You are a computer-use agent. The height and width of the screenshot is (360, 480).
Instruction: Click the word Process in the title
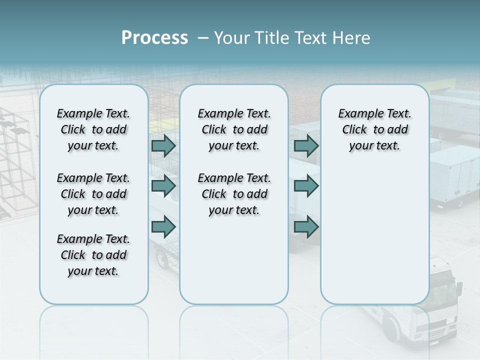(154, 38)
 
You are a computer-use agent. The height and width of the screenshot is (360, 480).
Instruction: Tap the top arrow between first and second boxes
(163, 146)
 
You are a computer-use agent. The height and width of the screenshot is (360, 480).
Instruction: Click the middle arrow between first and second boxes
(163, 186)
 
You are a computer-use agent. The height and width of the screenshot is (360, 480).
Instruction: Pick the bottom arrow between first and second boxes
(163, 227)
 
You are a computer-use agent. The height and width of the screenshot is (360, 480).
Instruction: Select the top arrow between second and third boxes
(306, 146)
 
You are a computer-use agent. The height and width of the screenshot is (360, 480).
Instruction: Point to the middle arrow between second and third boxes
(306, 186)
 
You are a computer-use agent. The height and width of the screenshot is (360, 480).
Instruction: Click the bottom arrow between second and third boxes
(306, 227)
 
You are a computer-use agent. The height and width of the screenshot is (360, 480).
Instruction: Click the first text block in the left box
(93, 130)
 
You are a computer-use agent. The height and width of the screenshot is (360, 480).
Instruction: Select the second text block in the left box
(93, 194)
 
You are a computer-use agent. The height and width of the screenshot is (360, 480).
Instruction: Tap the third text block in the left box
(93, 255)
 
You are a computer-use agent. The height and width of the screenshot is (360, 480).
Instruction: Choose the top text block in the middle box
(234, 130)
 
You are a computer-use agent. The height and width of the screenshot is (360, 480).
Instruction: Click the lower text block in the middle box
(234, 194)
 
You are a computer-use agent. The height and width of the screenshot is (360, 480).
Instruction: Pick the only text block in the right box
(374, 130)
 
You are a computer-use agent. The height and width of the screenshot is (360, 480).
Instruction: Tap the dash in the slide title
(203, 38)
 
